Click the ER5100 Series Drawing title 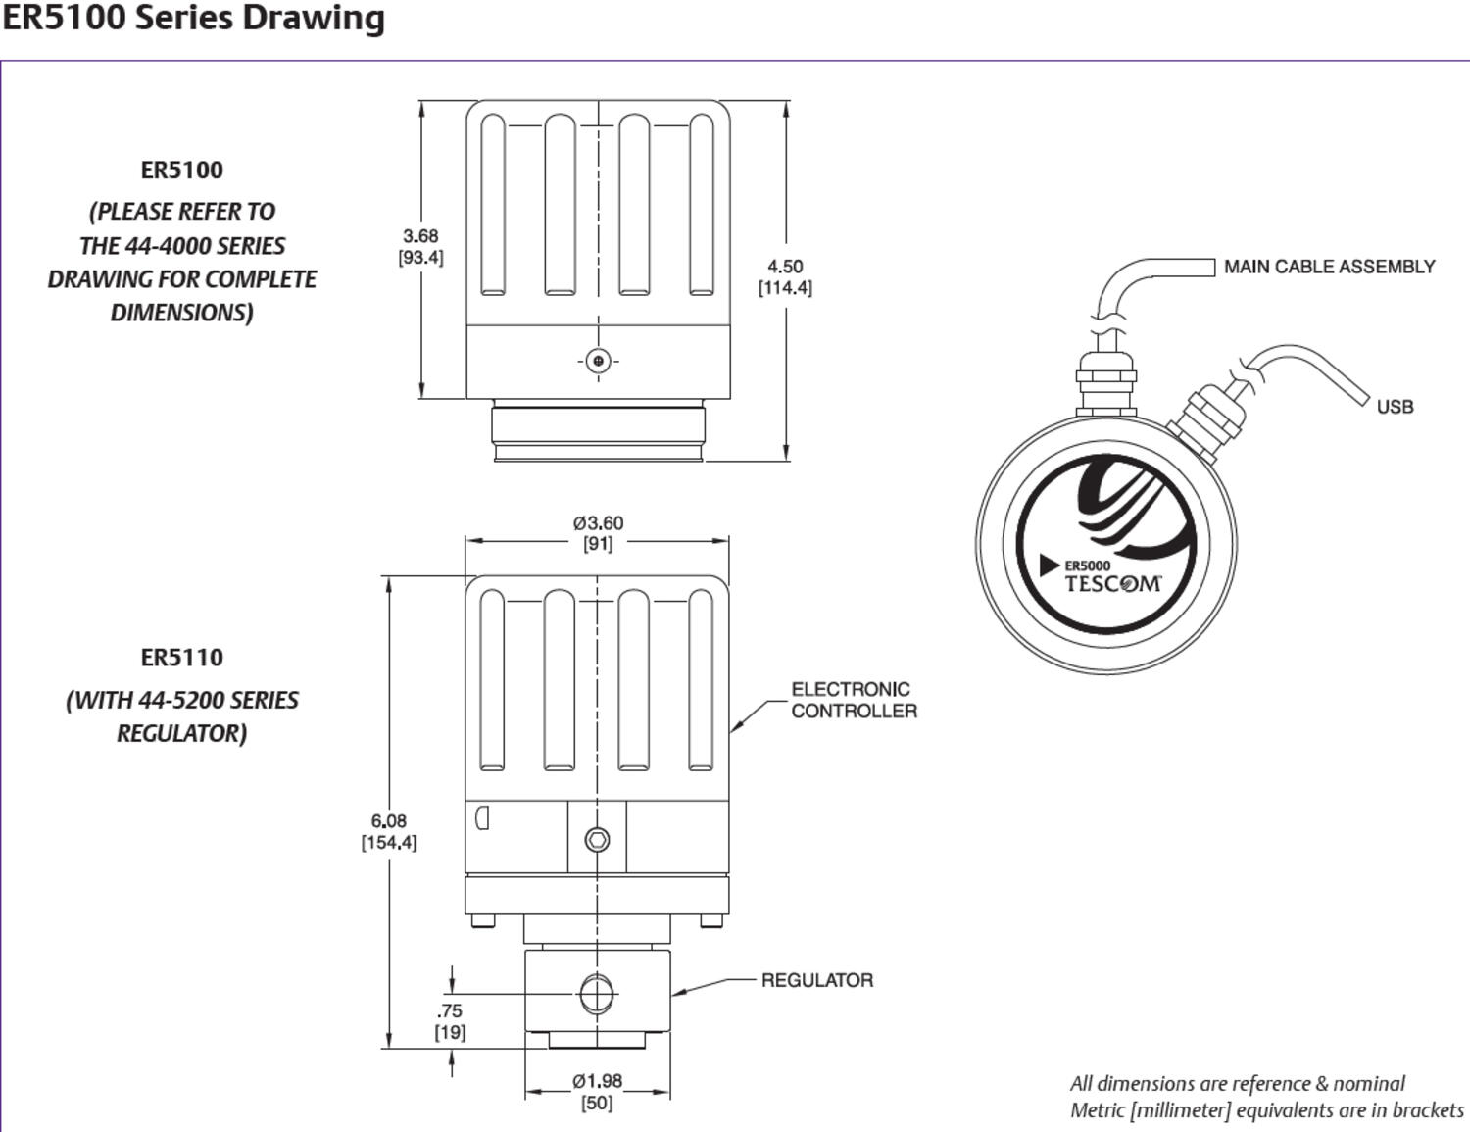click(x=193, y=19)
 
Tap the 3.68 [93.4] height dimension click(x=420, y=247)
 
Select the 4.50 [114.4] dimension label click(x=785, y=276)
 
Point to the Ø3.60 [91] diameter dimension click(x=598, y=533)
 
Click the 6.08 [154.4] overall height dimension click(x=389, y=831)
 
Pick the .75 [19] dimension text click(x=450, y=1021)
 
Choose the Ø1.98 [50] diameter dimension click(x=597, y=1091)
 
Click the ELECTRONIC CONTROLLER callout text click(x=854, y=700)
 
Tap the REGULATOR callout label click(x=816, y=980)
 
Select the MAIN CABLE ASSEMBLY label click(x=1329, y=267)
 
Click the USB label click(x=1395, y=407)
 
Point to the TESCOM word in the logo click(x=1113, y=585)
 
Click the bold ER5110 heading click(x=182, y=658)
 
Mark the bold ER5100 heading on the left click(x=182, y=171)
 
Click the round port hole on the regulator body click(x=596, y=994)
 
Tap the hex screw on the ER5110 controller click(x=597, y=840)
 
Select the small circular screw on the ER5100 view click(x=599, y=361)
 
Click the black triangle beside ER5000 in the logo click(x=1050, y=566)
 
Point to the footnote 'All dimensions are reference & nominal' click(x=1237, y=1083)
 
